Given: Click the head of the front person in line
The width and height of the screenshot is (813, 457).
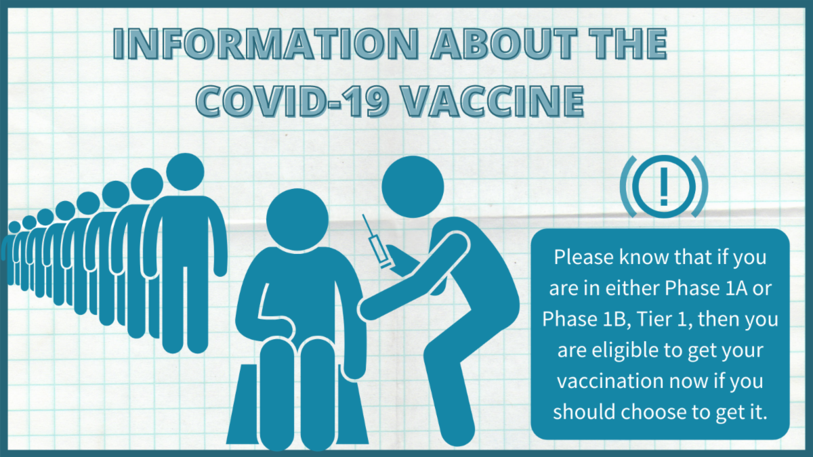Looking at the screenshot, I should pos(185,172).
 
